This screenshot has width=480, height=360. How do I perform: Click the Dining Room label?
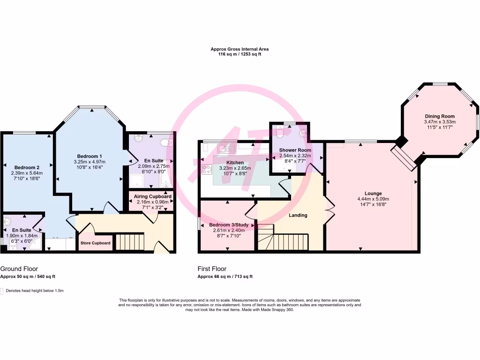[x=440, y=116]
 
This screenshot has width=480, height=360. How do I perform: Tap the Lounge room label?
[x=373, y=193]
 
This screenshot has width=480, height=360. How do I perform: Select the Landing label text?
[x=298, y=216]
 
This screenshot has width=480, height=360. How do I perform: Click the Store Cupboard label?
[x=96, y=243]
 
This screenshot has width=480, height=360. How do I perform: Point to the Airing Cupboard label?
[x=152, y=196]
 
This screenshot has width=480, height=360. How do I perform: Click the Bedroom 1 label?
[x=90, y=156]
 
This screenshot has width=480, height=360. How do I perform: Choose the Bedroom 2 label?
[x=27, y=167]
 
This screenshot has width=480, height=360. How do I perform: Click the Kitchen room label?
[x=235, y=162]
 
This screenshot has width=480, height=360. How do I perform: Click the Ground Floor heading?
[x=19, y=269]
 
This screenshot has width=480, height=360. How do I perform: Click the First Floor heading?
[x=212, y=269]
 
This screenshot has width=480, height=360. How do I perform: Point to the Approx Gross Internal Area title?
[x=240, y=49]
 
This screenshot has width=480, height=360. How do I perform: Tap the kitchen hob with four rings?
[x=207, y=169]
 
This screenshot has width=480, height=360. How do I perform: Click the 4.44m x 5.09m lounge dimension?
[x=373, y=199]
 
